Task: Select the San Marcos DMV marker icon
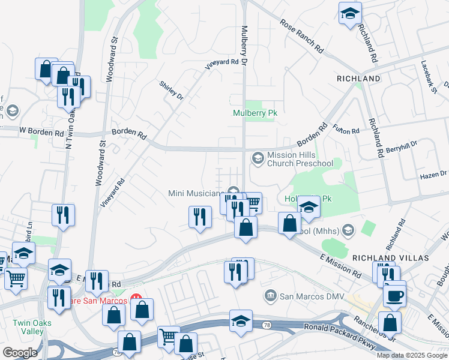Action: coord(271,295)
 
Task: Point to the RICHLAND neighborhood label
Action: coord(358,79)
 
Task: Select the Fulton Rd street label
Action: coord(346,130)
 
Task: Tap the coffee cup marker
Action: coord(395,295)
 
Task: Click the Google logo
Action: coord(20,352)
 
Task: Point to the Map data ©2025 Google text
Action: coord(412,355)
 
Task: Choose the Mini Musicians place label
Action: coord(196,193)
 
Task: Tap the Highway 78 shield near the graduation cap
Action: coord(267,325)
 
